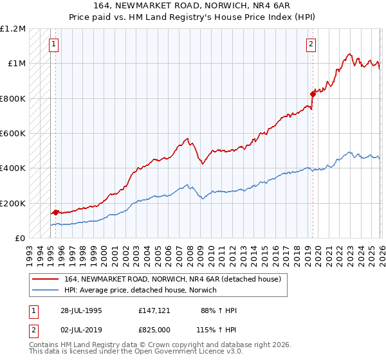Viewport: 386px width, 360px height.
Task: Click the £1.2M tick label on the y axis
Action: point(13,29)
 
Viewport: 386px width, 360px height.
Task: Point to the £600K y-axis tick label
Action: point(13,133)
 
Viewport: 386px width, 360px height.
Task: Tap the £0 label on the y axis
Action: point(19,238)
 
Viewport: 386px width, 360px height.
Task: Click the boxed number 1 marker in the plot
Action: point(53,44)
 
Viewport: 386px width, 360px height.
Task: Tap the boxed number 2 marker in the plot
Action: point(311,44)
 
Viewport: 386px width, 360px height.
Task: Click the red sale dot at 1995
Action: point(55,212)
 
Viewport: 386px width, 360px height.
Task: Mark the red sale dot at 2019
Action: point(313,94)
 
